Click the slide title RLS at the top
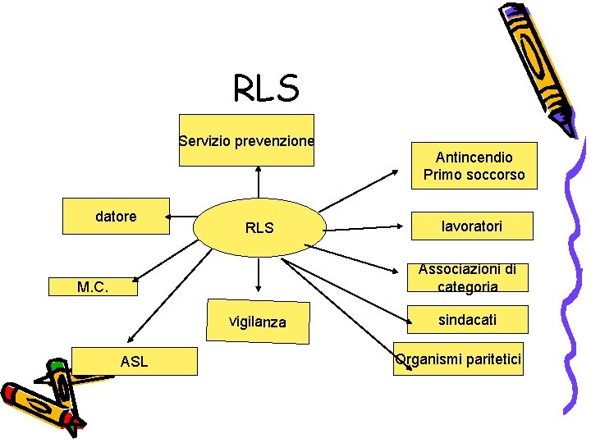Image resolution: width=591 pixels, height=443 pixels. pos(266,88)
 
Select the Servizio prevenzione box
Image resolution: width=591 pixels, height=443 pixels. pos(246,140)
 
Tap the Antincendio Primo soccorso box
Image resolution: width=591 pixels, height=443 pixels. pos(474,166)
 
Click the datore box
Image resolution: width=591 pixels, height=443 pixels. pos(117,217)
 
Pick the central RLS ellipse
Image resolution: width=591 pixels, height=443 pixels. pos(259,227)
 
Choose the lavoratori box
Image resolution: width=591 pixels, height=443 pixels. pos(471,225)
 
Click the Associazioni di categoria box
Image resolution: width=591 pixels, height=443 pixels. pos(468,278)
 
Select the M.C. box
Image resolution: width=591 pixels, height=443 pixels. pos(93,287)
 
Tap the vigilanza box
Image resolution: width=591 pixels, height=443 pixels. pos(258,322)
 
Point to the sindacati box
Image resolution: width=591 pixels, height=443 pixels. pos(467,319)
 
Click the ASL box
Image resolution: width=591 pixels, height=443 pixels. pos(135,361)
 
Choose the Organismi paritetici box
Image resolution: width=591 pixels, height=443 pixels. pos(458,359)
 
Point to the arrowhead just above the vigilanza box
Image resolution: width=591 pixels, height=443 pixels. pos(259,290)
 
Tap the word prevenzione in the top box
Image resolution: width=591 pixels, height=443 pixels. pos(274,141)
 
